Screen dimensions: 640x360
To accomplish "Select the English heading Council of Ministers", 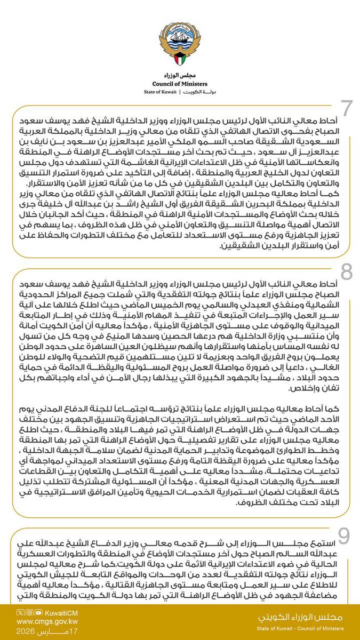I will (180, 83).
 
